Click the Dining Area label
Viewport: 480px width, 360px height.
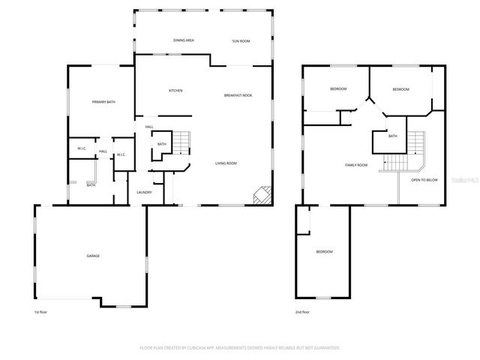pos(184,40)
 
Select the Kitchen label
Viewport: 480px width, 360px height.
pos(175,91)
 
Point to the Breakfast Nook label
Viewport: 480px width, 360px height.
pos(238,95)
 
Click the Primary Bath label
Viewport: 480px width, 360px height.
pos(103,102)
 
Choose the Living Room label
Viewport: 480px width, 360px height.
pos(226,163)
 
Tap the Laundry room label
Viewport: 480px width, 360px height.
pos(145,192)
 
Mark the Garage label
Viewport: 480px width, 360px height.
pos(92,256)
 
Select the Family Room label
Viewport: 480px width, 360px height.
pos(356,165)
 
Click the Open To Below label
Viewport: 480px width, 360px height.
pos(424,180)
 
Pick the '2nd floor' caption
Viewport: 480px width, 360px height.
pos(303,311)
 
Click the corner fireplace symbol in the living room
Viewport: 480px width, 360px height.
pos(262,196)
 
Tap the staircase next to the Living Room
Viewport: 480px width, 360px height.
pos(182,142)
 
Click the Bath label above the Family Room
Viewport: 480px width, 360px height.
pos(392,136)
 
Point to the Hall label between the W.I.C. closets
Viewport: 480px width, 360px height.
pos(103,151)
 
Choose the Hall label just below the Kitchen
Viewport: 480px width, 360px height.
pos(149,127)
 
